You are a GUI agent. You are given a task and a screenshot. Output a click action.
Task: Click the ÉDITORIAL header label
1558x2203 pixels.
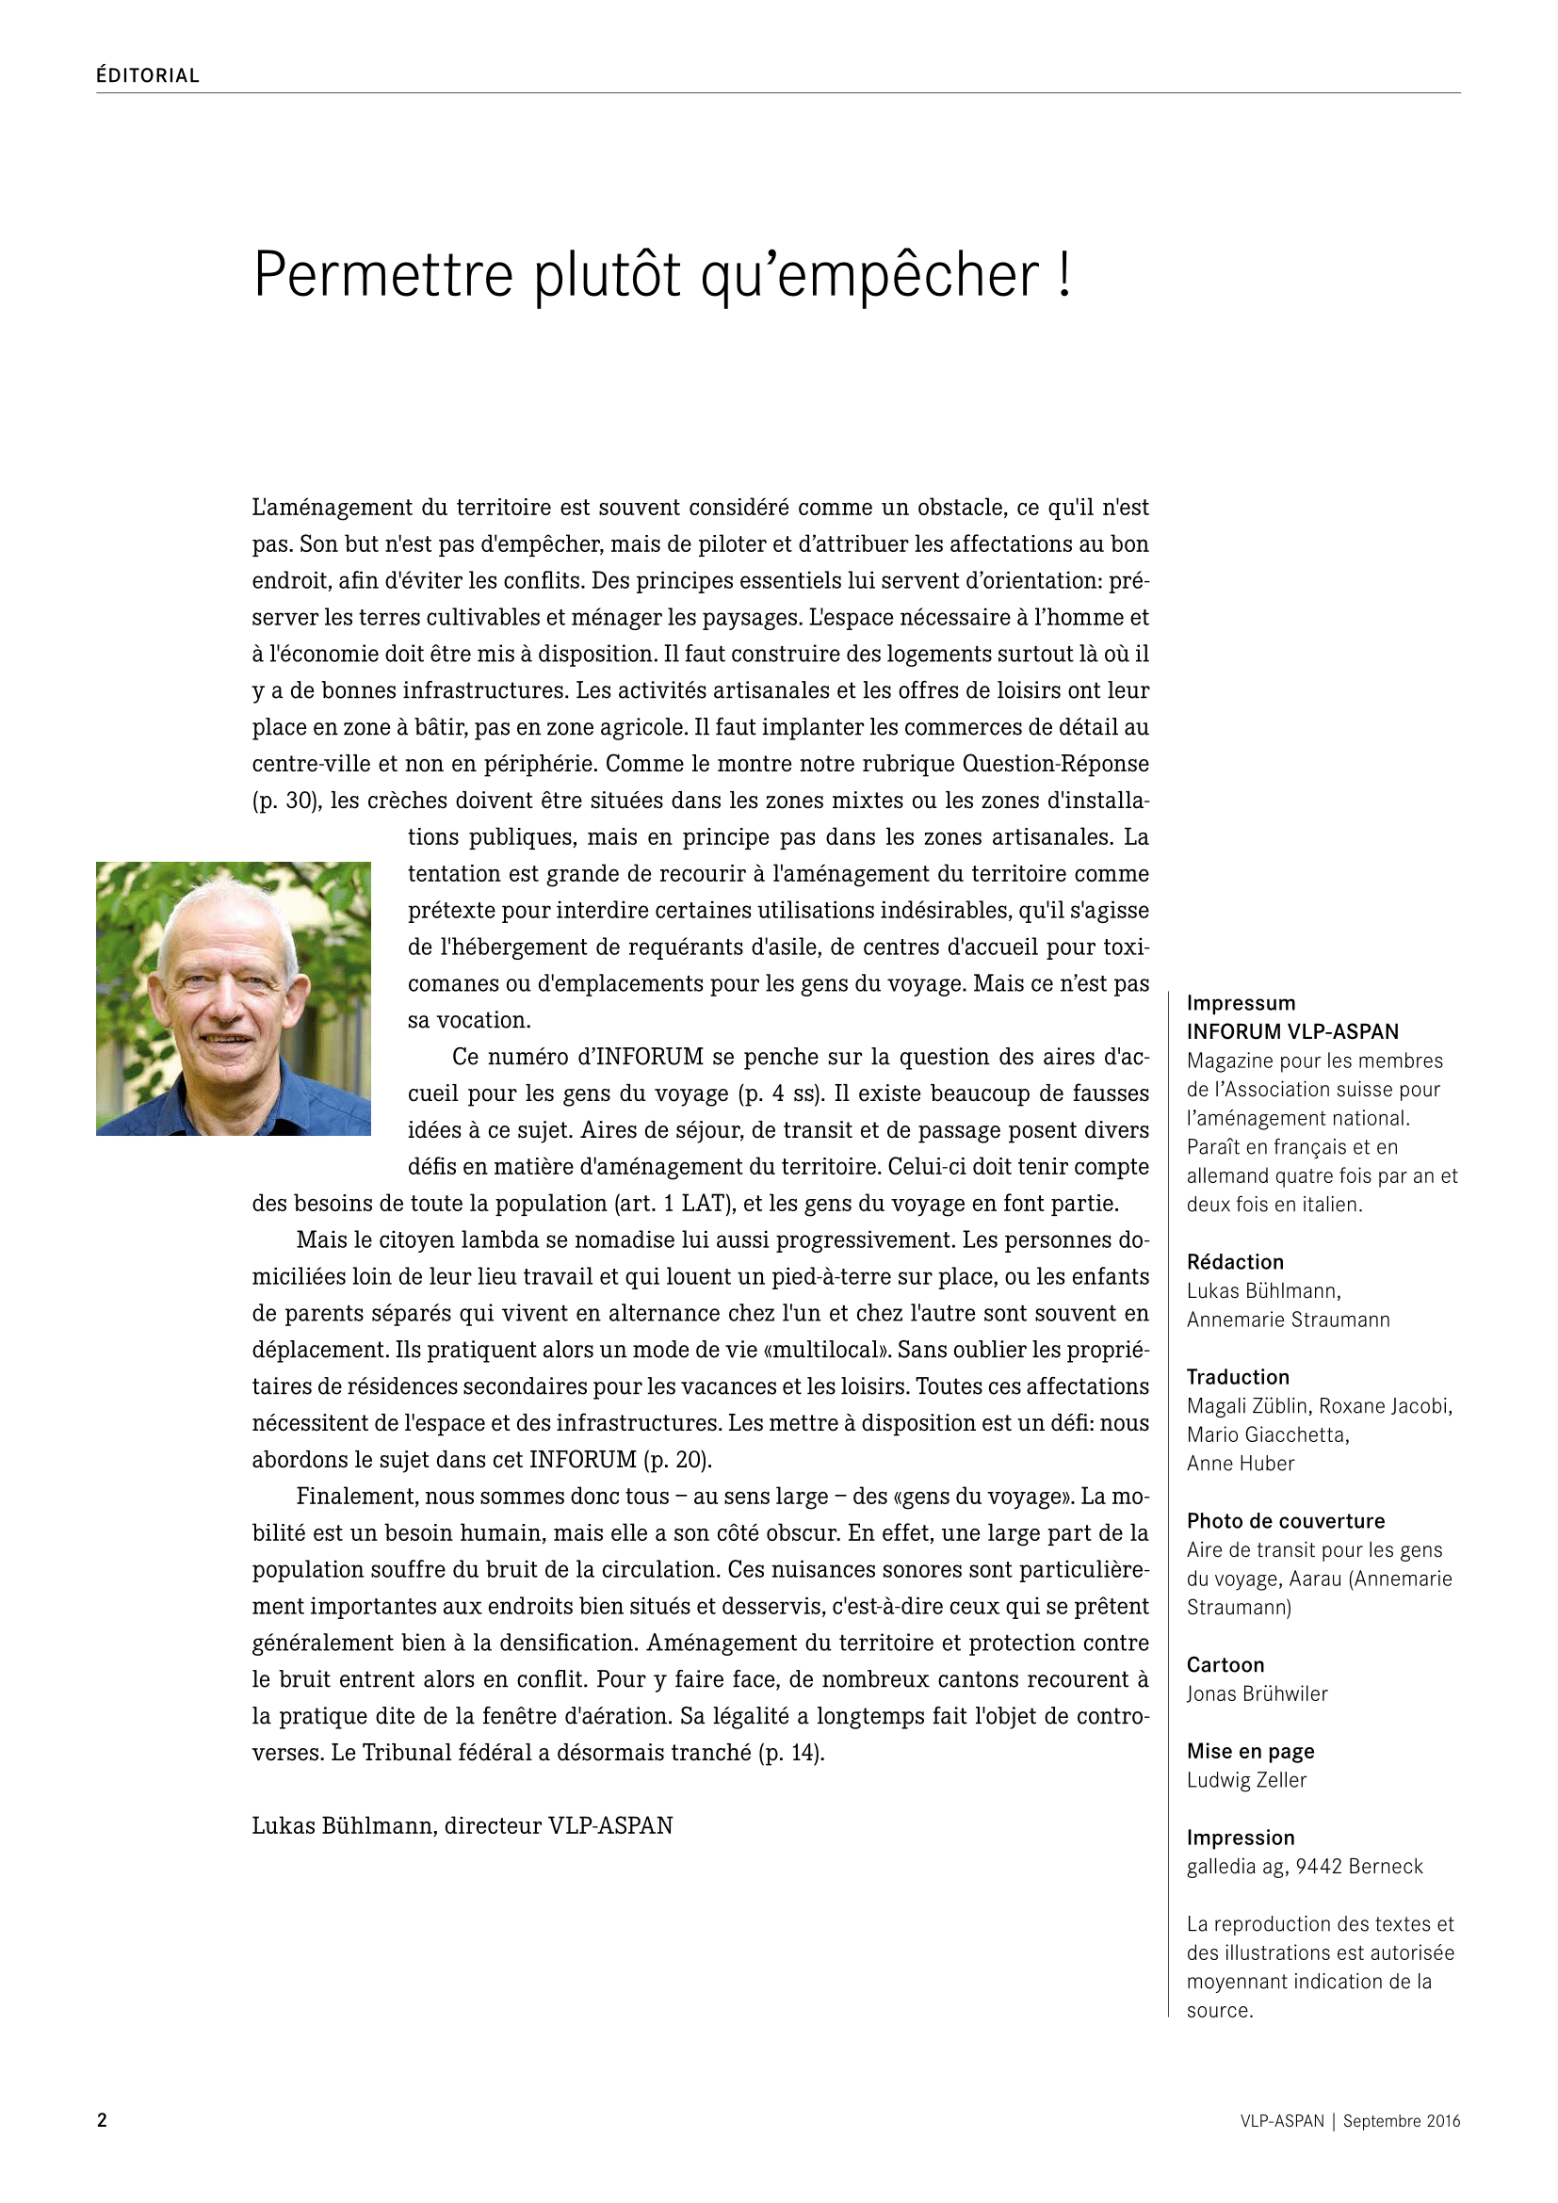point(148,75)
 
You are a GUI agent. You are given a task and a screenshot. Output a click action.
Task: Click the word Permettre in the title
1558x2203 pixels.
point(383,276)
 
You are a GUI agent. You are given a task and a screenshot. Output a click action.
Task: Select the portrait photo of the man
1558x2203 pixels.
point(233,998)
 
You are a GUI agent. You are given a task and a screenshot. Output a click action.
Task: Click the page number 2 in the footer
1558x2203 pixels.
point(102,2120)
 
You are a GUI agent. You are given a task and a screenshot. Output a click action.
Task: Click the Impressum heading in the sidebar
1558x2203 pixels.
point(1241,1004)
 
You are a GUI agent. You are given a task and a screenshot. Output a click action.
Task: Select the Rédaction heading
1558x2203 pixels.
point(1235,1263)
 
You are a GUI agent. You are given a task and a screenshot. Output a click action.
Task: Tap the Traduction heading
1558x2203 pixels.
point(1238,1378)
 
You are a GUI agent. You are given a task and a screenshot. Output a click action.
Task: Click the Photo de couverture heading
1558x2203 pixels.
point(1286,1522)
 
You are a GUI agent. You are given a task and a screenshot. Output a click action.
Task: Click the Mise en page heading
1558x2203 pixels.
point(1250,1752)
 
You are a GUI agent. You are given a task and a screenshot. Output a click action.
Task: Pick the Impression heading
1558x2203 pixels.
point(1241,1839)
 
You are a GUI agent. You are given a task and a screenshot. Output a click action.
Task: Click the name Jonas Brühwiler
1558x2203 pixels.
point(1257,1694)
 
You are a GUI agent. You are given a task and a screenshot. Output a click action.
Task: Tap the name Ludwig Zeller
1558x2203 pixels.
point(1246,1781)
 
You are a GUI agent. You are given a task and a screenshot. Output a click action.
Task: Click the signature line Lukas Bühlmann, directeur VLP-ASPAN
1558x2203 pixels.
point(463,1826)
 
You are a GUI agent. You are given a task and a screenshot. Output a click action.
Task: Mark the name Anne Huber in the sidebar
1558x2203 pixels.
point(1241,1465)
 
